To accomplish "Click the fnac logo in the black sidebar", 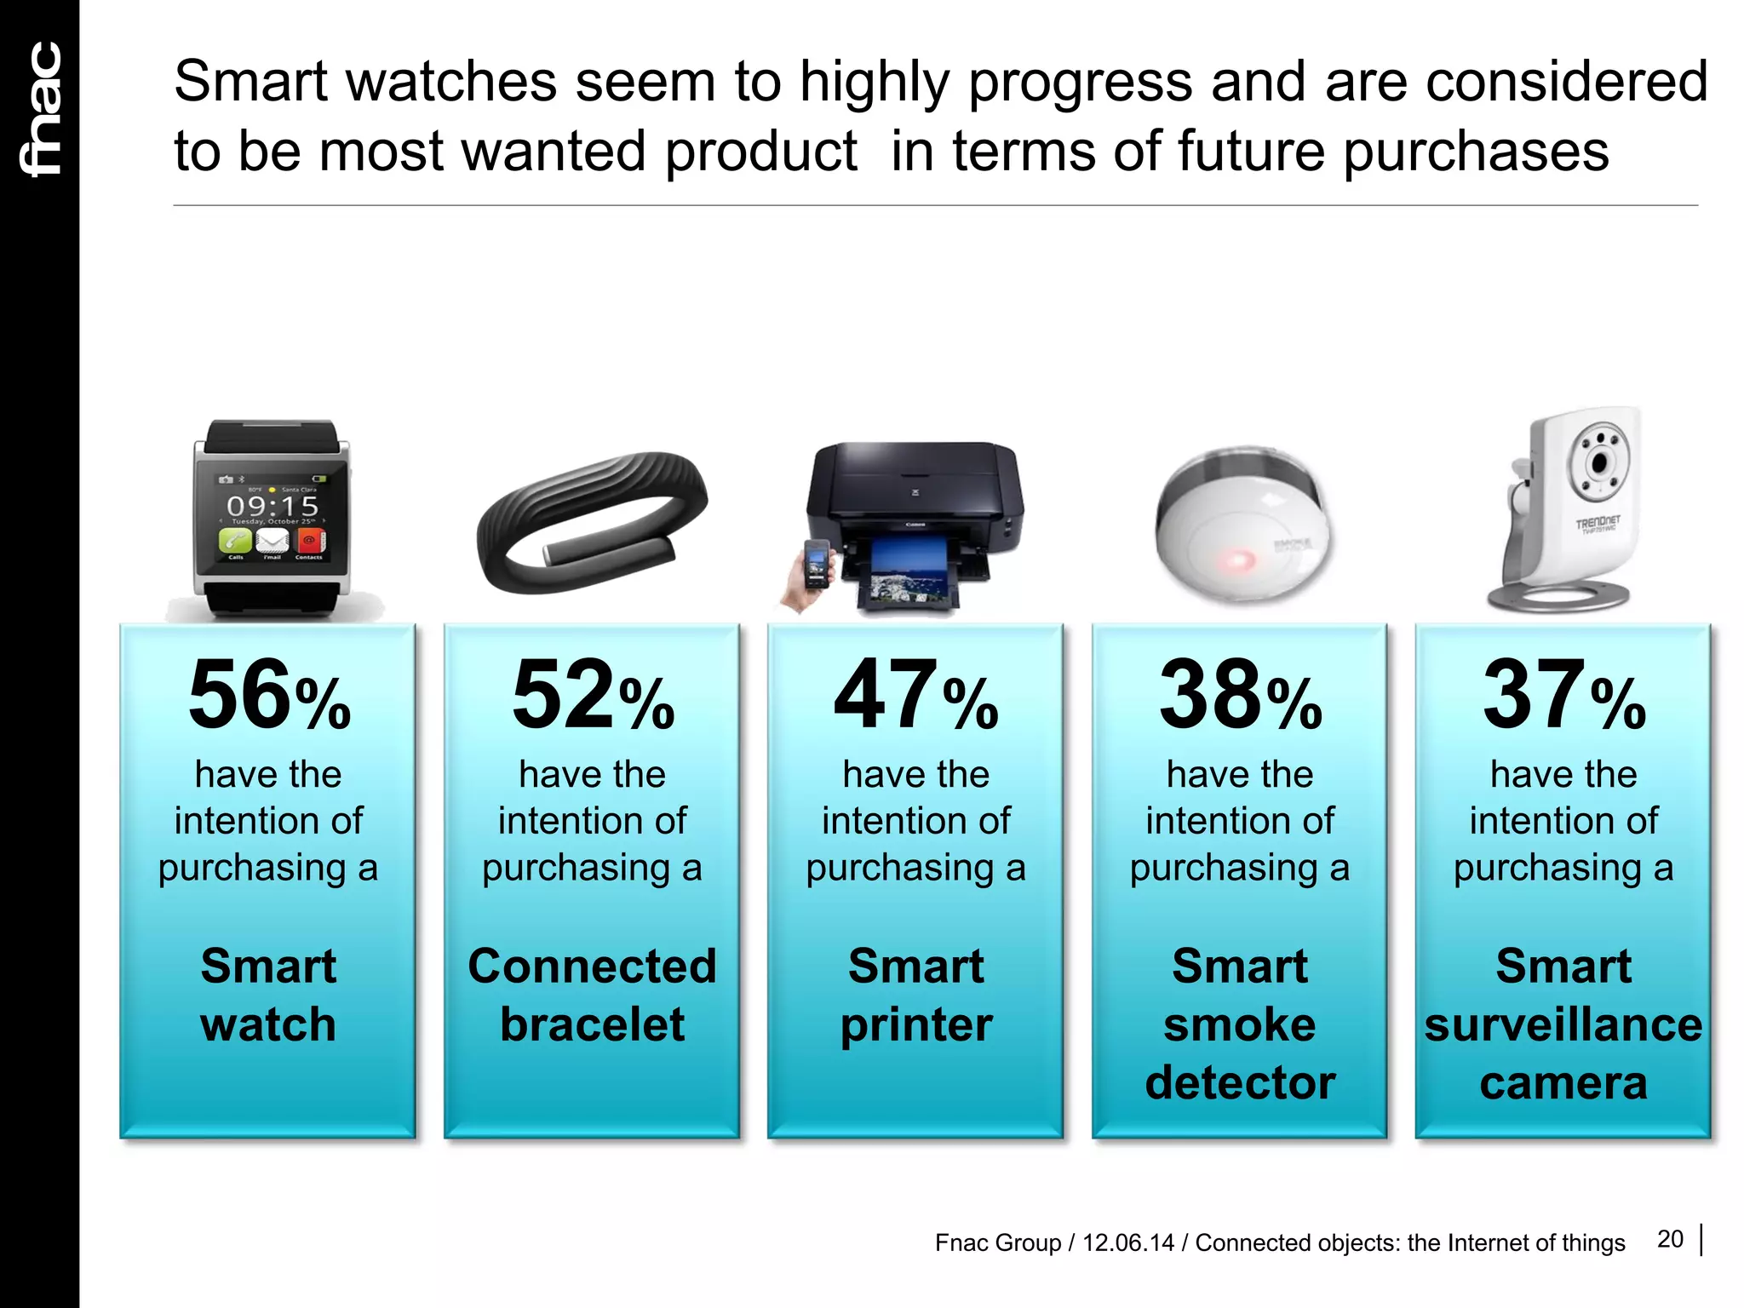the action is (41, 109).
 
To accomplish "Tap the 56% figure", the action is (268, 695).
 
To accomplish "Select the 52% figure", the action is (593, 695).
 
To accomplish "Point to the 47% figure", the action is (915, 695).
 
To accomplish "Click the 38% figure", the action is (1240, 695).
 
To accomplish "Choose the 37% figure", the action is (1563, 695).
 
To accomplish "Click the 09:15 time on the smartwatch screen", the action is (272, 506).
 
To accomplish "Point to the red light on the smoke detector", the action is (1234, 561).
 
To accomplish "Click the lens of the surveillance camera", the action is (1599, 463).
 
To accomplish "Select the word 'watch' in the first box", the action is (268, 1024).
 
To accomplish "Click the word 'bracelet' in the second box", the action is (592, 1024).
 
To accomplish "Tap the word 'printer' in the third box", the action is (916, 1025).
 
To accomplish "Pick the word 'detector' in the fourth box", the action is (1240, 1082).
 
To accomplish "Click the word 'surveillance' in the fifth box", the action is (1563, 1024).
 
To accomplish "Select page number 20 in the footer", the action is (1670, 1239).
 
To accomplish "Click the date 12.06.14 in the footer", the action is (1127, 1243).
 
